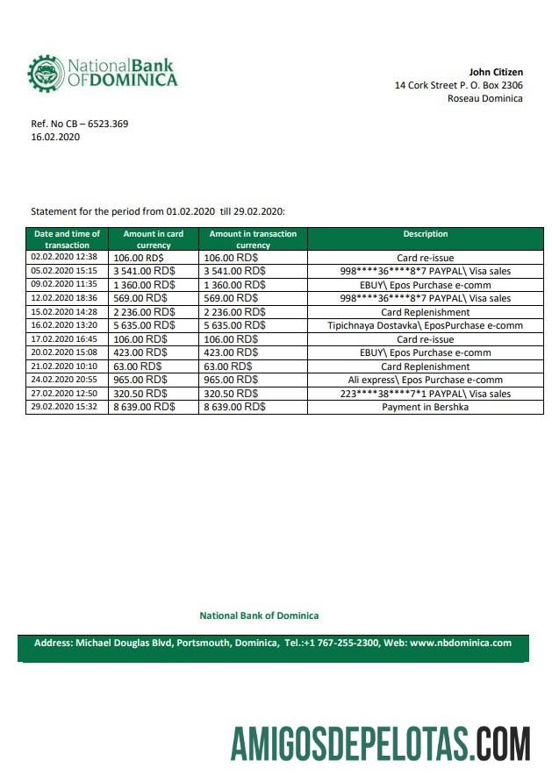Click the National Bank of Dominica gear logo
(x=45, y=74)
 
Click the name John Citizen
(x=496, y=72)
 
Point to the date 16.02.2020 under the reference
(x=55, y=138)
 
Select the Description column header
(x=425, y=234)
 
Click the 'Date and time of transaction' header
(x=67, y=239)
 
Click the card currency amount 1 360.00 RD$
(x=144, y=285)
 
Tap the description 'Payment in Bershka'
(x=425, y=407)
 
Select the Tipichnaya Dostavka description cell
(x=425, y=325)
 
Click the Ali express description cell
(x=425, y=380)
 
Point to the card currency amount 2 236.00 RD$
(x=144, y=312)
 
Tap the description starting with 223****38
(x=425, y=394)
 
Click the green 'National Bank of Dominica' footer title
(x=259, y=615)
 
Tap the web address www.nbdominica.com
(x=460, y=643)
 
